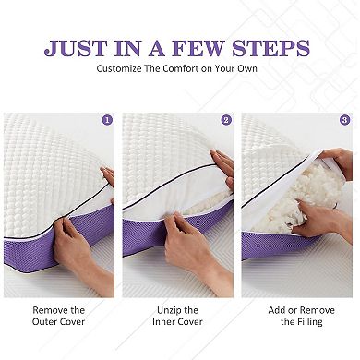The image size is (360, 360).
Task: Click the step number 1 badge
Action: tap(107, 120)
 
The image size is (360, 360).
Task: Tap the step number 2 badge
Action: tap(226, 120)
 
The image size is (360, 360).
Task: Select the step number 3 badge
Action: tap(345, 120)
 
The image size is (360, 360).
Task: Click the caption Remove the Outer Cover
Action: tap(58, 317)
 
